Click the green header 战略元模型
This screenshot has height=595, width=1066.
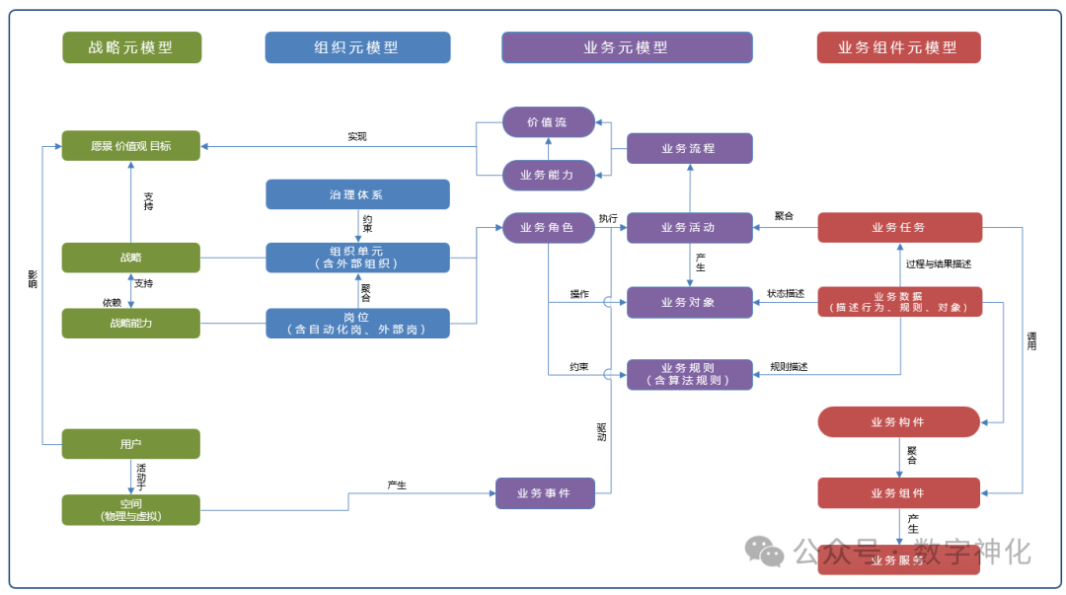coord(131,47)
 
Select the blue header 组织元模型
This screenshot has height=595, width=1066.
coord(357,47)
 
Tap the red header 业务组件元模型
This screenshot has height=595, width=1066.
coord(898,47)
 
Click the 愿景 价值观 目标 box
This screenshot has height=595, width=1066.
coord(131,146)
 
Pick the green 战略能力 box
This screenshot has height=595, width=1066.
coord(131,323)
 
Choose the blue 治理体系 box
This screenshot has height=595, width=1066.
coord(357,194)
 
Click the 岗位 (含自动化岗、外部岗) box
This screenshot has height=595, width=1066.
coord(357,323)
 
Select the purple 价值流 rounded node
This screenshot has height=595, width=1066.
coord(548,122)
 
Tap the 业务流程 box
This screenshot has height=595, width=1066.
coord(689,148)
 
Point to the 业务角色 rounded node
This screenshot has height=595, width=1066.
coord(548,228)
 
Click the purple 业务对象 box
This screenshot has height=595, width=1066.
coord(689,302)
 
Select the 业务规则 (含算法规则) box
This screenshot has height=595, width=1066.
coord(689,374)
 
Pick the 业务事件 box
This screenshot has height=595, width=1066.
coord(545,492)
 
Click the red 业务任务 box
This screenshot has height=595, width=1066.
coord(899,227)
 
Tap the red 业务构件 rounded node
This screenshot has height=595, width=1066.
coord(898,421)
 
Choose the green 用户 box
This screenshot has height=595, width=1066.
coord(131,444)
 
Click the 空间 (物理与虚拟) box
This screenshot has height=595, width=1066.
coord(131,509)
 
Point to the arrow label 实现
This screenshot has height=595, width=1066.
coord(357,137)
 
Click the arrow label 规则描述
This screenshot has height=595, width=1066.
coord(789,367)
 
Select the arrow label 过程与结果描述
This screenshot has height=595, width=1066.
coord(939,264)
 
